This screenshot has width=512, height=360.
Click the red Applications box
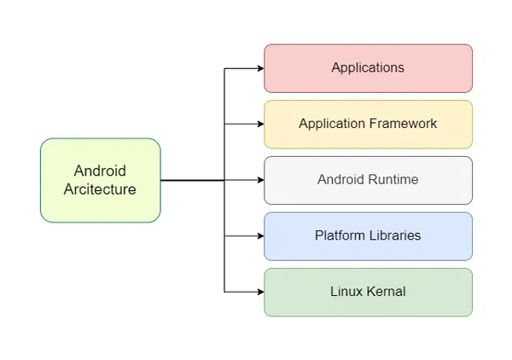click(368, 68)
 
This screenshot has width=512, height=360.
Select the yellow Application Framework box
click(368, 125)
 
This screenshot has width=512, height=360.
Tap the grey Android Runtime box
click(368, 180)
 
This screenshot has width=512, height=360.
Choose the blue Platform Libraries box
click(368, 236)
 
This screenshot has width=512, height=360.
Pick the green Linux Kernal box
click(368, 292)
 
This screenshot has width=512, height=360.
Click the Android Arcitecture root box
click(100, 180)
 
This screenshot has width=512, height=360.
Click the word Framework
click(404, 125)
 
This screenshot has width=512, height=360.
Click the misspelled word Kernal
click(385, 292)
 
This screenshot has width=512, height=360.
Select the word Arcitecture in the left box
click(100, 189)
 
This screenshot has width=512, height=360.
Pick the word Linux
click(346, 292)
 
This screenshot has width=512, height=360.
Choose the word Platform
click(340, 236)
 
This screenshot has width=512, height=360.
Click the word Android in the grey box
click(340, 180)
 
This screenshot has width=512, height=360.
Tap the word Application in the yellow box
click(332, 125)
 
